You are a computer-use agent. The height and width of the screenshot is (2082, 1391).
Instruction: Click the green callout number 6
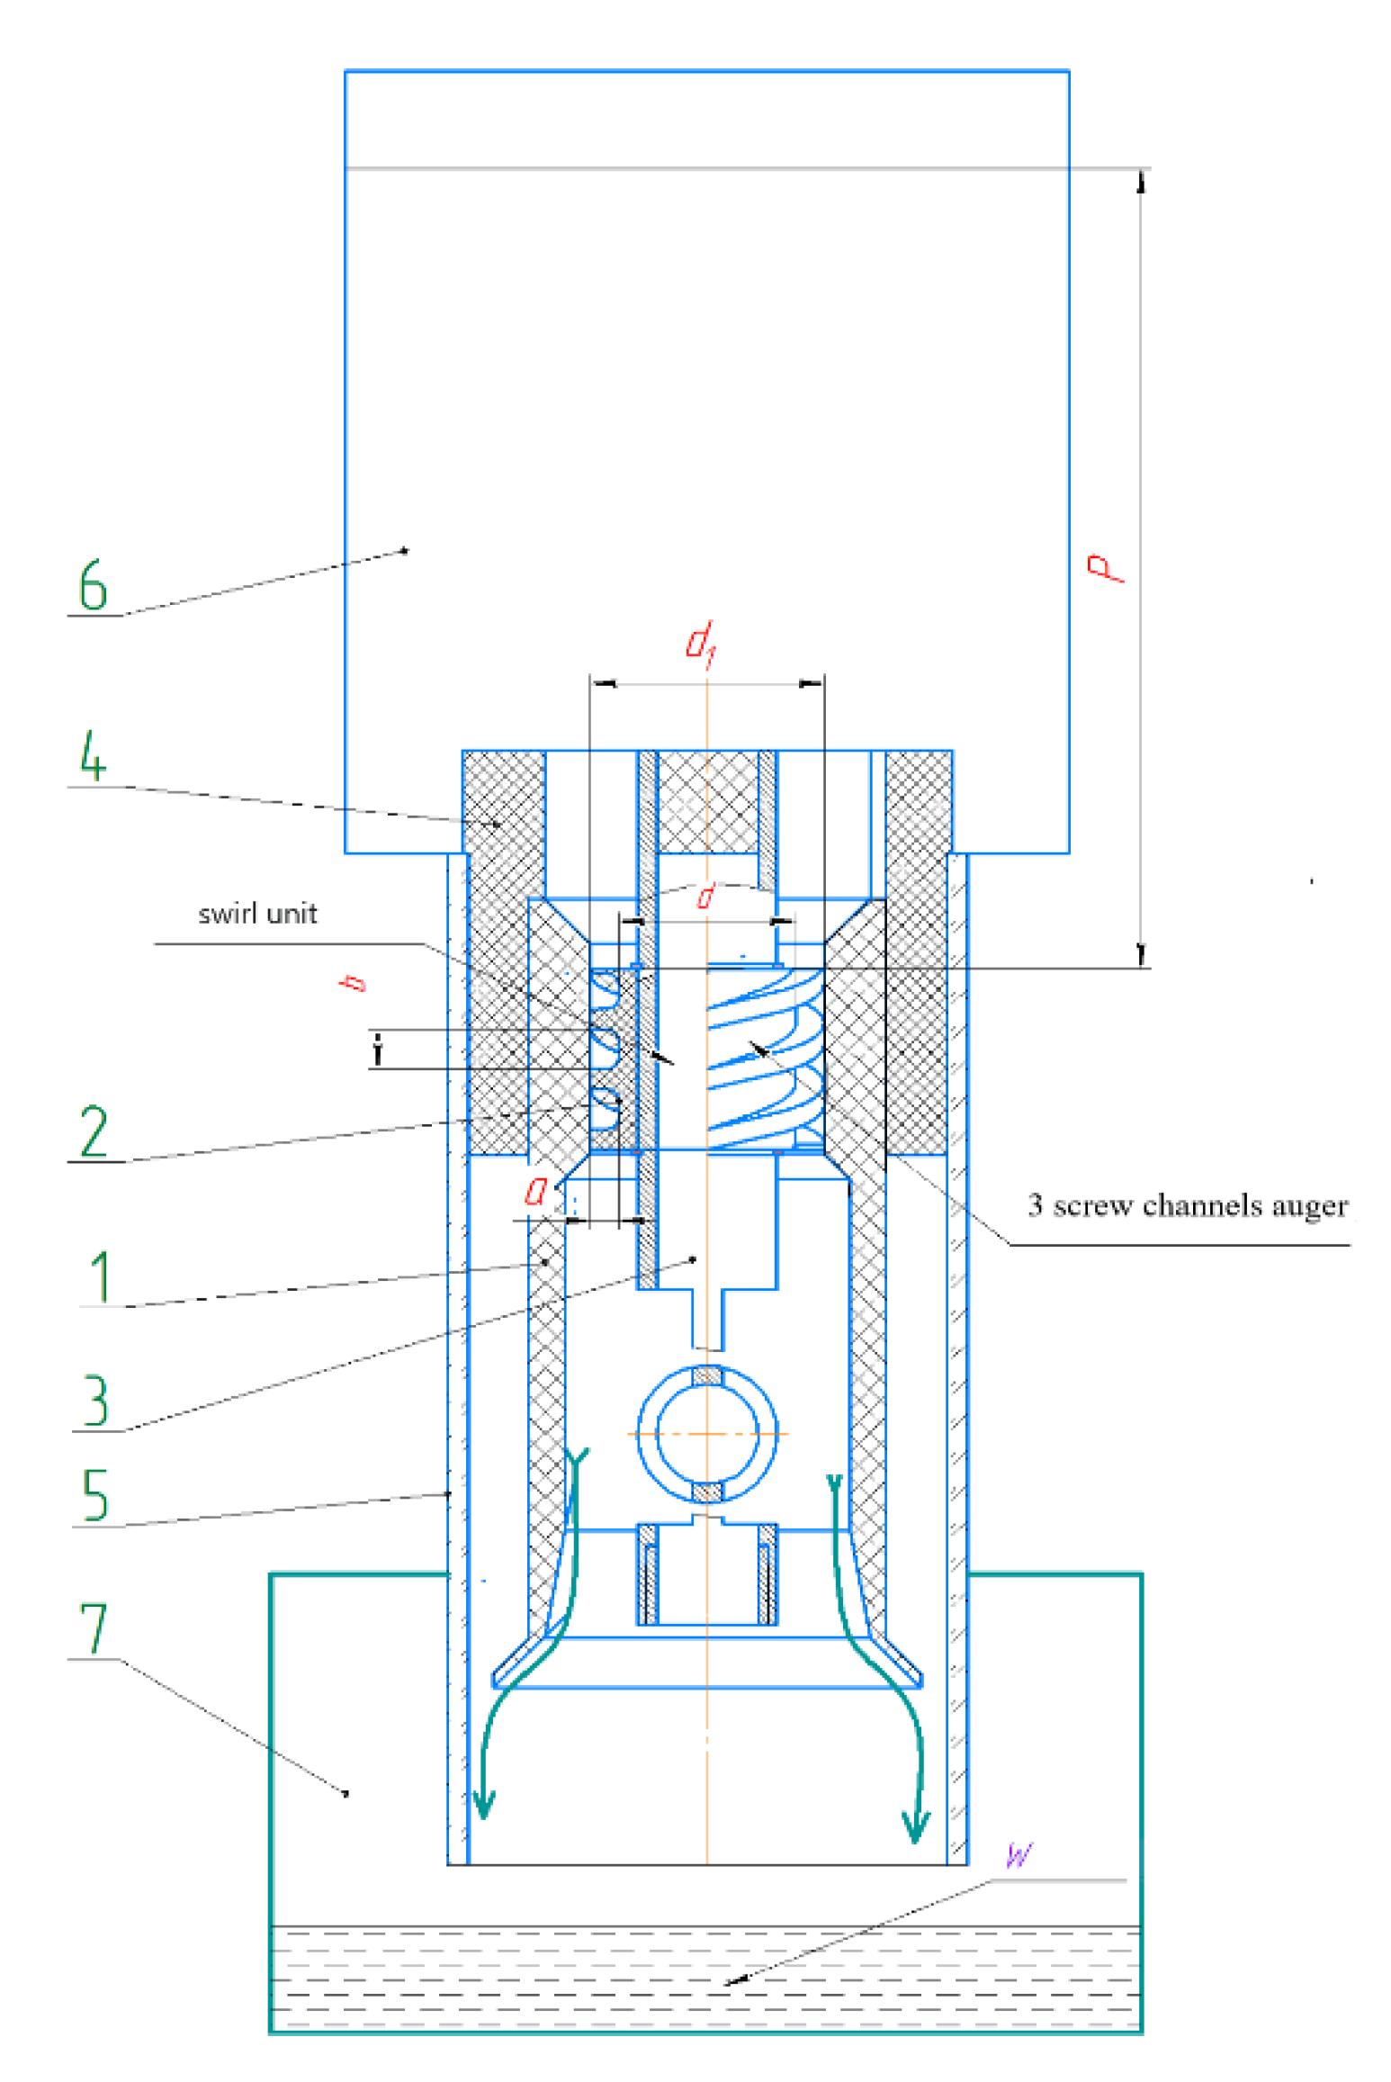click(x=92, y=584)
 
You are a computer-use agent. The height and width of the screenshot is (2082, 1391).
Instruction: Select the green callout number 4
click(x=93, y=754)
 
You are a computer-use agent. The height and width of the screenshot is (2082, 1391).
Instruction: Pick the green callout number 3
click(x=95, y=1400)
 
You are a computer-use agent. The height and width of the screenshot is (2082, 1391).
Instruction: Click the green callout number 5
click(x=94, y=1493)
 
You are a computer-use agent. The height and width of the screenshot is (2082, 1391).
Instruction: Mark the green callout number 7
click(x=93, y=1627)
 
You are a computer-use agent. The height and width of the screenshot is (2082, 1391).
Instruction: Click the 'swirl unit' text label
click(x=257, y=914)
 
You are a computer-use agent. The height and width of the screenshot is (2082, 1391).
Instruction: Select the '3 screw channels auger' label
click(x=1187, y=1204)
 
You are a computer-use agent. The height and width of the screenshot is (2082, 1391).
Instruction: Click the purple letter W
click(x=1019, y=1854)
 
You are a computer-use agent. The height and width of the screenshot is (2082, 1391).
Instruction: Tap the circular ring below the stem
click(x=707, y=1434)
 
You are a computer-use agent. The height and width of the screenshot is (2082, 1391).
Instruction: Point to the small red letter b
click(x=354, y=982)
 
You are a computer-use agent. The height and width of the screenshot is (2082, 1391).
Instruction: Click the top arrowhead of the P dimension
click(x=1141, y=183)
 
